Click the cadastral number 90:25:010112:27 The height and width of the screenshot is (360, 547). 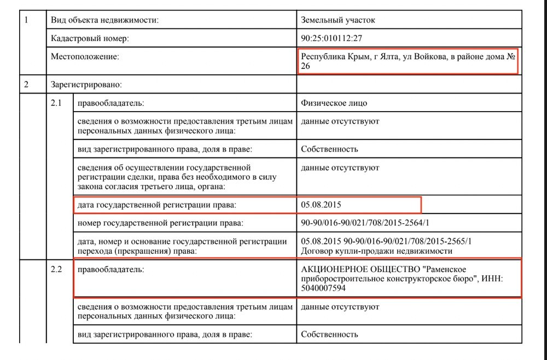click(331, 38)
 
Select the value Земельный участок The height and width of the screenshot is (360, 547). click(338, 20)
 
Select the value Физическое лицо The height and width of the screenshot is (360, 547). click(334, 103)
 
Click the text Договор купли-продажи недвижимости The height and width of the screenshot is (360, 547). click(376, 251)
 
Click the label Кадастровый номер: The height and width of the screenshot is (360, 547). click(90, 38)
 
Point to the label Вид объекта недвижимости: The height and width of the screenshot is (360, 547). click(104, 20)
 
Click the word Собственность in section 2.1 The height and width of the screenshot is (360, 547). click(329, 149)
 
